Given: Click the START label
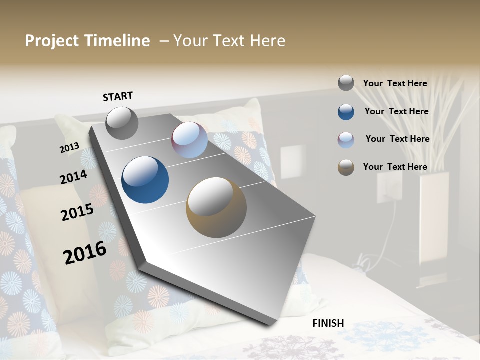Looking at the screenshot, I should [118, 96].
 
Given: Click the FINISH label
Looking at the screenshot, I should [328, 323].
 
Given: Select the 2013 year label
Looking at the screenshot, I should [69, 148].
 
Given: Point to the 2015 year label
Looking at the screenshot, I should [77, 212].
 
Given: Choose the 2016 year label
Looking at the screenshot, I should [85, 253].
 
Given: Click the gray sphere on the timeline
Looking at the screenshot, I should [122, 123].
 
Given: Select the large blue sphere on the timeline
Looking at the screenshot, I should [145, 180].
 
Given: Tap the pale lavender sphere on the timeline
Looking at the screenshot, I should [189, 140].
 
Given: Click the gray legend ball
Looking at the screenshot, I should [346, 83].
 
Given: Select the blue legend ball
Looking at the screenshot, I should [346, 112].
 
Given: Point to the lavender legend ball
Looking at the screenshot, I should [346, 140].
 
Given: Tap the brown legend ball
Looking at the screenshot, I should [346, 167].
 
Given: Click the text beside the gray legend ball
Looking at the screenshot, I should [395, 84].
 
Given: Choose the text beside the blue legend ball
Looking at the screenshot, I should [396, 111].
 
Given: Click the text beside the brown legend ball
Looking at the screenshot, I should [395, 167].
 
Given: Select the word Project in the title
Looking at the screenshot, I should [52, 41].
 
